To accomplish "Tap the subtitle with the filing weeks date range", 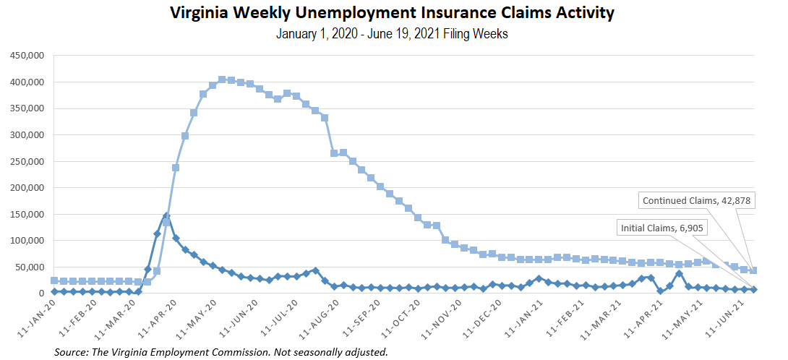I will [x=391, y=34].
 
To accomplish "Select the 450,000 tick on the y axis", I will [x=25, y=56].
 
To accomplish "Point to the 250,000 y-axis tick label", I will [x=25, y=161].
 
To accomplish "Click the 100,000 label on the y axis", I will [x=25, y=241].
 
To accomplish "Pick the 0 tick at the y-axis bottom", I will [x=41, y=293].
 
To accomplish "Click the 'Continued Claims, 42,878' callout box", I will [x=697, y=200].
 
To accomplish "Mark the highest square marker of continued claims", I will [x=222, y=80].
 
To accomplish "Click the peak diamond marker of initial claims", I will [x=166, y=215].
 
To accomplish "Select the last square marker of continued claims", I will [x=753, y=270].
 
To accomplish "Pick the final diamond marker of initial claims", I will [x=753, y=289].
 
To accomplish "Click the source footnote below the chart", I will [x=221, y=352].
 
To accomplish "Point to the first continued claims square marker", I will [x=54, y=280].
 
